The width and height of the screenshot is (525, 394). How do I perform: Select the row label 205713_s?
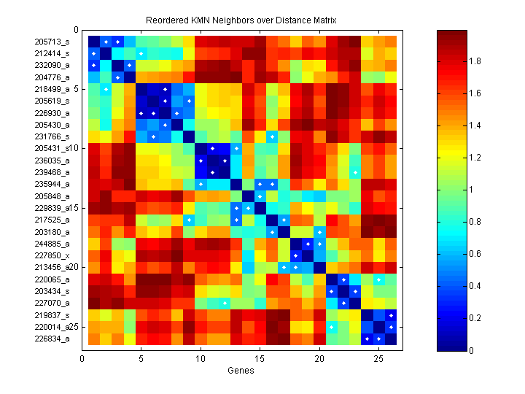(52, 42)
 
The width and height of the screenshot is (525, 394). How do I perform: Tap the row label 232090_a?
(52, 65)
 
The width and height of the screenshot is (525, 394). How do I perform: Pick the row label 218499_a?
(52, 89)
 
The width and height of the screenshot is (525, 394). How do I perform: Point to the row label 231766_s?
(52, 136)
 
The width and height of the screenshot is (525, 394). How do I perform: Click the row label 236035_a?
(52, 160)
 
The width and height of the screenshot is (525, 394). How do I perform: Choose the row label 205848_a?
(52, 196)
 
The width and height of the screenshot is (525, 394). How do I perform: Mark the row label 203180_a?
(52, 231)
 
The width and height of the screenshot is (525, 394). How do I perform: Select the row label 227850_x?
(52, 255)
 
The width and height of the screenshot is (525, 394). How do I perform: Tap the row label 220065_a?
(52, 279)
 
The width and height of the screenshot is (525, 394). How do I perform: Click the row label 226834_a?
(52, 338)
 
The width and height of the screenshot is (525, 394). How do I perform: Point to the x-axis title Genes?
(241, 371)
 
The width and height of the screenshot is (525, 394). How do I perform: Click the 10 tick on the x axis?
(201, 359)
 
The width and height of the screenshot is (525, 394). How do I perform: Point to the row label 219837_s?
(52, 314)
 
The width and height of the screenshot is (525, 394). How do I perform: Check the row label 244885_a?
(52, 243)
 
